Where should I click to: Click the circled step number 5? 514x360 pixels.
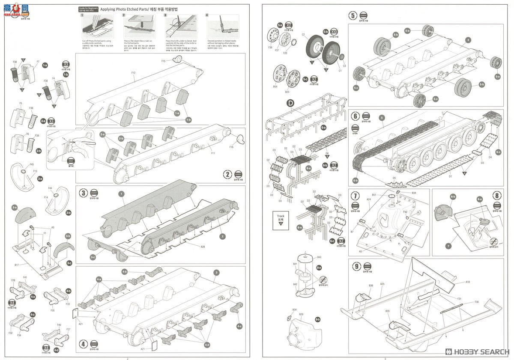[353, 16]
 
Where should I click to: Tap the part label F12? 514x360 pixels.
[133, 73]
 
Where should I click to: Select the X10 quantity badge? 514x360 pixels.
[334, 32]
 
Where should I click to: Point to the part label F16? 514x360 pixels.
[231, 147]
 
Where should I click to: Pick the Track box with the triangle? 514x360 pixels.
[281, 219]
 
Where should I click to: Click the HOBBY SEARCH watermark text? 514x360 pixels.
[479, 351]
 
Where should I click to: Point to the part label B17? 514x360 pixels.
[16, 265]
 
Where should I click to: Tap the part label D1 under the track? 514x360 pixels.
[450, 176]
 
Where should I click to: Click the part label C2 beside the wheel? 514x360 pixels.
[303, 35]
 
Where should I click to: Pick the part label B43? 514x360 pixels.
[319, 257]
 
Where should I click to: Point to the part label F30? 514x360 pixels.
[476, 302]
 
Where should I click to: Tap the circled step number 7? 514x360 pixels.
[355, 196]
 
